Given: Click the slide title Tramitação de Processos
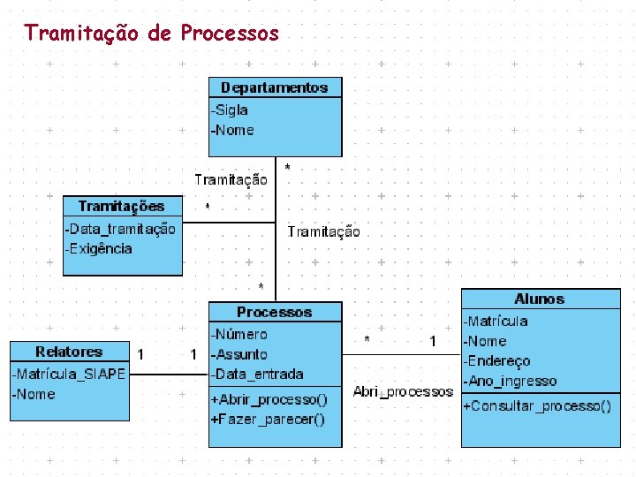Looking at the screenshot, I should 151,34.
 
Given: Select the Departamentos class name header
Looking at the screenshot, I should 274,87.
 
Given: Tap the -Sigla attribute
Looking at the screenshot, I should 230,110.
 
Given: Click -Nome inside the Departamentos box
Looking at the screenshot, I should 232,130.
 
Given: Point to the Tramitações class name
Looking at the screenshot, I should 121,206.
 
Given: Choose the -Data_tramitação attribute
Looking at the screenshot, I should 120,229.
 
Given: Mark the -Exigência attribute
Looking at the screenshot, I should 99,248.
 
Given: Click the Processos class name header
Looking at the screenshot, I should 274,313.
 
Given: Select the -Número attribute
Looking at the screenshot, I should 238,334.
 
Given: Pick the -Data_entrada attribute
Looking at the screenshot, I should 257,374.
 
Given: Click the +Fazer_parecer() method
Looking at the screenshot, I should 268,419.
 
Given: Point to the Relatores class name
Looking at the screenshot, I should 69,352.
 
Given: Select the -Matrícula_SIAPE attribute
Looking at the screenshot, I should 69,375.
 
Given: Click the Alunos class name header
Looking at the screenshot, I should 539,299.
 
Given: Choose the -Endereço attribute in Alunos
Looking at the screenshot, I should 497,360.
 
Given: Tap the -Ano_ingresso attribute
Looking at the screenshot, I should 510,381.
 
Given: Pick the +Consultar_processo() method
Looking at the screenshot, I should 536,405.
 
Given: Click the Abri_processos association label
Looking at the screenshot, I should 403,391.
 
